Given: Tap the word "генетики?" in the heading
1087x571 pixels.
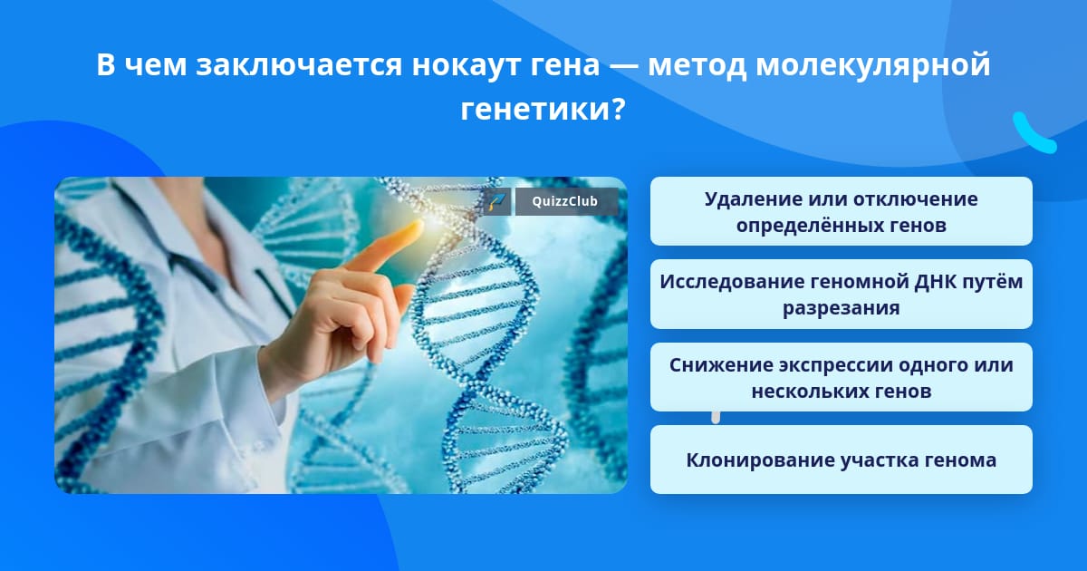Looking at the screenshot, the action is click(x=543, y=110).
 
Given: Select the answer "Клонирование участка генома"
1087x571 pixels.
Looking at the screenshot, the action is click(x=841, y=460).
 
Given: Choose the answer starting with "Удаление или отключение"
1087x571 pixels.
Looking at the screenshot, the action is click(x=841, y=211).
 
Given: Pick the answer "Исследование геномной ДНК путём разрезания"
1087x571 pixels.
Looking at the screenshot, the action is click(x=841, y=295).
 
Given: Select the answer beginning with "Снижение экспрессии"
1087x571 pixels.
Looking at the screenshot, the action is click(x=841, y=377).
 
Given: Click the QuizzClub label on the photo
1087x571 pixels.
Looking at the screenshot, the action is click(x=566, y=201).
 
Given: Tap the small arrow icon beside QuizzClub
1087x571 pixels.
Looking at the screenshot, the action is click(x=496, y=201).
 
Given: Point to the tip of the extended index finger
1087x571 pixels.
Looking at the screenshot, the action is click(x=418, y=225).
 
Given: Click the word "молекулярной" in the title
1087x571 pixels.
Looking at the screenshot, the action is click(x=873, y=65).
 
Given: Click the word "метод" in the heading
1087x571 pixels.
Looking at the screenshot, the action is click(x=697, y=65).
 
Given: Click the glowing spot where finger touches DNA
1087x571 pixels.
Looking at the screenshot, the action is click(x=434, y=216).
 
